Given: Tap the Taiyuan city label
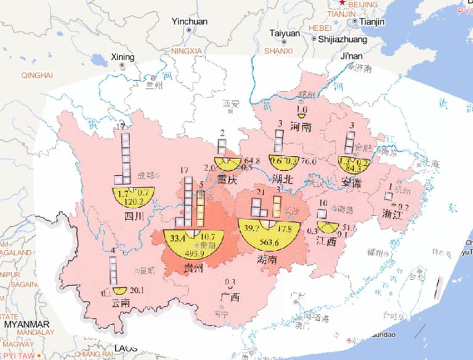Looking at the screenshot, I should [285, 33].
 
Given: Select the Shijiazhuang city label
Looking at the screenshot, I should [342, 39].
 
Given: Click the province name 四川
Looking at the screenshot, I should [134, 216].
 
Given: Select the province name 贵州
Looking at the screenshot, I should [196, 266].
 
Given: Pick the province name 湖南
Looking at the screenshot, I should [272, 260].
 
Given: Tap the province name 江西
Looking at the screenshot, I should [326, 242].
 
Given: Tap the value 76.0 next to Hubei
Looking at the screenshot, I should [309, 162].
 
